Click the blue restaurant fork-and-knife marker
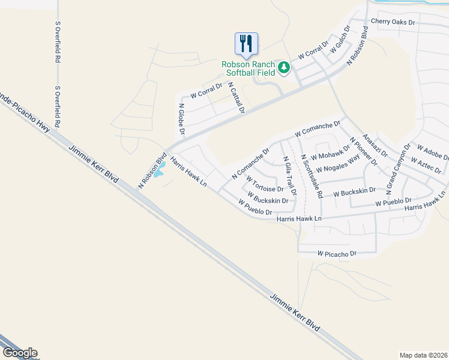[246, 43]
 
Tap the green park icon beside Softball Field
[283, 68]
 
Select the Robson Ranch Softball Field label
[248, 68]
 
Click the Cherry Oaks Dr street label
[393, 22]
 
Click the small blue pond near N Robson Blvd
[158, 172]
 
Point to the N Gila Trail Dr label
[289, 176]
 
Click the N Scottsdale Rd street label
[312, 176]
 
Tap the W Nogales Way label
[337, 163]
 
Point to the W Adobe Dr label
[433, 152]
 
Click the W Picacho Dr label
[337, 254]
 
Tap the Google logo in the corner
[19, 353]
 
